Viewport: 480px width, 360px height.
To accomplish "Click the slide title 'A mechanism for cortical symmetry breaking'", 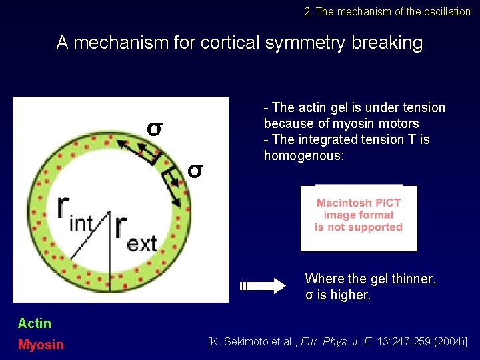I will click(x=239, y=43).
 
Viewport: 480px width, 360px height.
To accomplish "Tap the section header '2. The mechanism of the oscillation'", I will click(x=387, y=11).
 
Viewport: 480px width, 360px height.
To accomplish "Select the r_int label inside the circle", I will click(x=74, y=214).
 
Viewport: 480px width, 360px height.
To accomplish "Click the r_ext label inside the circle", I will click(x=135, y=231).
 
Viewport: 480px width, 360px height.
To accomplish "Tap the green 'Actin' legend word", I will click(x=35, y=323).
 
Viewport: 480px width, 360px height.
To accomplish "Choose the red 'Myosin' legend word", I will click(x=41, y=345).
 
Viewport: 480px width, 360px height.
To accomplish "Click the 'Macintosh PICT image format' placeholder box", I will click(x=359, y=216).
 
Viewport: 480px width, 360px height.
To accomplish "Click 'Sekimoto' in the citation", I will click(x=251, y=342).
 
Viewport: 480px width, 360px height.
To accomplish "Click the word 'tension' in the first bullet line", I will click(x=421, y=107).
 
